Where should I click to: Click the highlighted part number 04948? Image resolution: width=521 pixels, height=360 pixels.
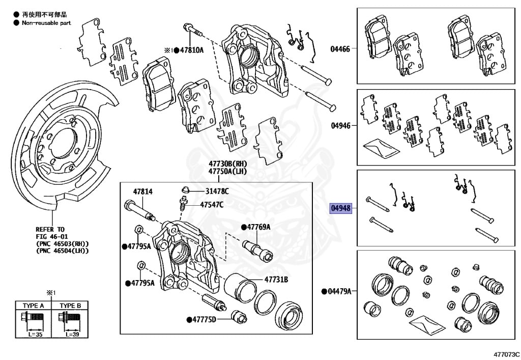tap(340, 208)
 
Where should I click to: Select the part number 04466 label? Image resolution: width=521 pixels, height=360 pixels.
tap(340, 49)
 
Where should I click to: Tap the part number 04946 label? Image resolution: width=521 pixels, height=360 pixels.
tap(340, 125)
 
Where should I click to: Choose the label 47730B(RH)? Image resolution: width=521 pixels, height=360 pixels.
tap(227, 163)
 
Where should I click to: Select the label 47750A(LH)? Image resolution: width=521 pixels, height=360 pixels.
tap(227, 172)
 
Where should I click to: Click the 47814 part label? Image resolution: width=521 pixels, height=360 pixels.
tap(142, 192)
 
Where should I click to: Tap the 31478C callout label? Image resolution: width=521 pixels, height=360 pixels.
tap(217, 191)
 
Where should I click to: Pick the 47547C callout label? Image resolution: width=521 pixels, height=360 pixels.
tap(212, 204)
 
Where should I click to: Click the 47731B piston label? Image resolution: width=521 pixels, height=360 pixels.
tap(276, 280)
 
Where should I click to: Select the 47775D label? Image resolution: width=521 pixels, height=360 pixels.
tap(204, 319)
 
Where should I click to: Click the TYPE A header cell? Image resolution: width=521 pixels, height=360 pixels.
tap(34, 306)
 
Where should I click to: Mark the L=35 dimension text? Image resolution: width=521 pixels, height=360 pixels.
tap(34, 336)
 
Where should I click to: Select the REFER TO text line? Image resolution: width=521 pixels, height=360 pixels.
tap(50, 229)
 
